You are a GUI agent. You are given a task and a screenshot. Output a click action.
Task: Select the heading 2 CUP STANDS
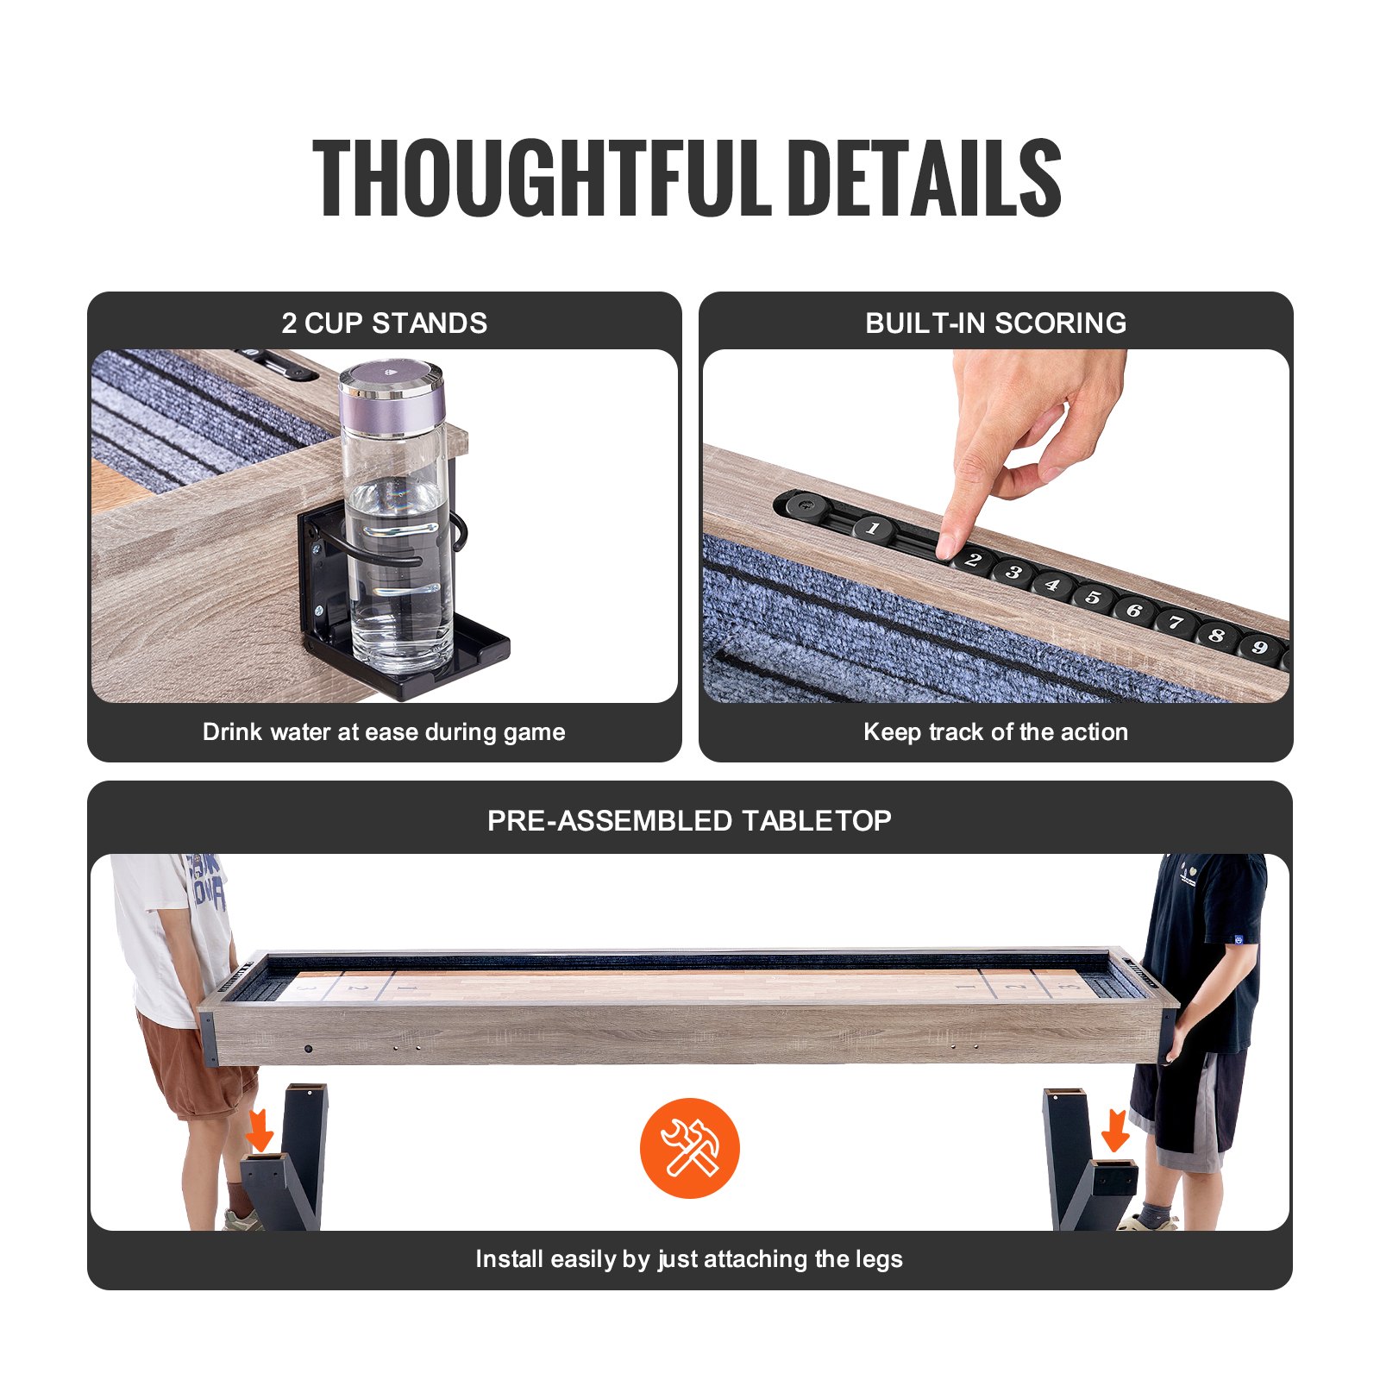384,323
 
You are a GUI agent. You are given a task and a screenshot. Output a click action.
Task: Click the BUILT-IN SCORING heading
995,323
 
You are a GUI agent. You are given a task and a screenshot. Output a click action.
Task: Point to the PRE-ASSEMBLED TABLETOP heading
689,820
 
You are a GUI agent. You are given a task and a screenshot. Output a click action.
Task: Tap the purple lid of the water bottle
392,401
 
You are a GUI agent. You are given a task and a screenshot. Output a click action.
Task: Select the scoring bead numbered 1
873,528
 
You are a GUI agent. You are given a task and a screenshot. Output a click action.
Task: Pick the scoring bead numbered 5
1093,597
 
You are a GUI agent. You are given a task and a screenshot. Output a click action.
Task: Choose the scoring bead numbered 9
1259,647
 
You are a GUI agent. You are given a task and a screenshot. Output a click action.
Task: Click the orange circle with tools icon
689,1148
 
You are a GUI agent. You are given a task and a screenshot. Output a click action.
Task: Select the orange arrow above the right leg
1115,1130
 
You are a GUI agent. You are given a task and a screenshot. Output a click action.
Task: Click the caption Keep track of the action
995,732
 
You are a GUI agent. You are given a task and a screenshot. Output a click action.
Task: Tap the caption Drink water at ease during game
384,732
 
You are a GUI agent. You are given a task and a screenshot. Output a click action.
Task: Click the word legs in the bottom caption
879,1259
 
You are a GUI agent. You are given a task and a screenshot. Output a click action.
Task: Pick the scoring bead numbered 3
1014,572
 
